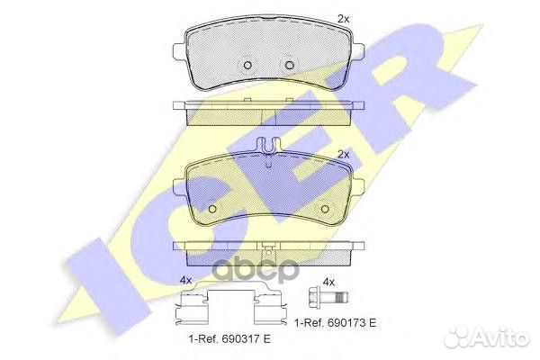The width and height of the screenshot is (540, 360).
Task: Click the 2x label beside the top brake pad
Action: pos(343,19)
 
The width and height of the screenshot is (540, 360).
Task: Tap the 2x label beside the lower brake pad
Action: pos(343,155)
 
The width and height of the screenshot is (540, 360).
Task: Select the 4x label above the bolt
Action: pos(328,283)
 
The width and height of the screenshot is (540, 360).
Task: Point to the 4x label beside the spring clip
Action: pos(185,281)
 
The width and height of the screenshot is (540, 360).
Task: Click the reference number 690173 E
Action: pos(351,323)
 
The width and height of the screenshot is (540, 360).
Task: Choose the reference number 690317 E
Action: pos(246,339)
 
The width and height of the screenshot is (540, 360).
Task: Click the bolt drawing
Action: pos(328,296)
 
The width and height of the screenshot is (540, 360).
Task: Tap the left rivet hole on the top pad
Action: pos(247,65)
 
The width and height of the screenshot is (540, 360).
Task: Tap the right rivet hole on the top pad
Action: pos(290,65)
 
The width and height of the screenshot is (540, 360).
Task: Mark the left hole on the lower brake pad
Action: pos(212,209)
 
